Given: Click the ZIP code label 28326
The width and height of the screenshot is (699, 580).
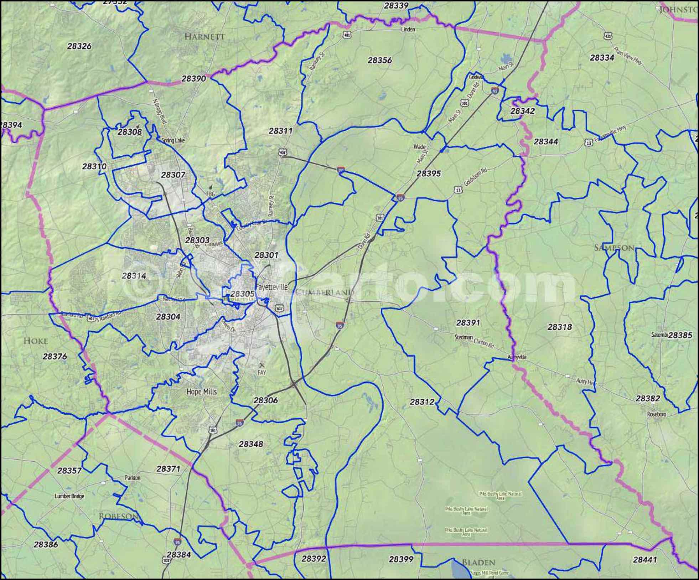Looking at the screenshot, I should coord(79,46).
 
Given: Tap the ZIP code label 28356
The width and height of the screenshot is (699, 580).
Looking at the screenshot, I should coord(380,60).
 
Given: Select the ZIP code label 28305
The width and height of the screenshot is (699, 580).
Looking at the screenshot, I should coord(242,294).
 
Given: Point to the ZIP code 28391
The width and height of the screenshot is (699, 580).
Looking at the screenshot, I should coord(468,322).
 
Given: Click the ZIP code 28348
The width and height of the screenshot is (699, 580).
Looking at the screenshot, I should coord(251,444).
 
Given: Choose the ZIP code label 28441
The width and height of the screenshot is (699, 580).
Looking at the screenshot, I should coord(645,560).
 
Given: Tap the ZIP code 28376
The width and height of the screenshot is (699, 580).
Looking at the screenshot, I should coord(55,356).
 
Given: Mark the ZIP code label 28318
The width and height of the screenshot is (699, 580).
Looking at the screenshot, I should coord(560,327).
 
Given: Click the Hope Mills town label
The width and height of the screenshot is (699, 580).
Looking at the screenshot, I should coord(202,392).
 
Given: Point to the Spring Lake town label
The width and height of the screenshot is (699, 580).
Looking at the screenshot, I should coord(173,140).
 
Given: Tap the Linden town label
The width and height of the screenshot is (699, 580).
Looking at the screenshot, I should coord(408,29).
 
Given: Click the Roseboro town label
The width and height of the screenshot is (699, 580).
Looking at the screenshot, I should coord(657,414).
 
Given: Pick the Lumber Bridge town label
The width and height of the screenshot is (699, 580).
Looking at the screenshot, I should coord(69,496).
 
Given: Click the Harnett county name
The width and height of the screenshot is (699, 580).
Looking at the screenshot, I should coord(205,36).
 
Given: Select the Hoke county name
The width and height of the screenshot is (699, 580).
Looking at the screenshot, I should coord(36,341).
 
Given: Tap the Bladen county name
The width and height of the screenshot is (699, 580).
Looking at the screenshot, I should coord(478,563).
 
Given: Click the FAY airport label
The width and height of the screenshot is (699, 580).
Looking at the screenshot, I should coord(262,373).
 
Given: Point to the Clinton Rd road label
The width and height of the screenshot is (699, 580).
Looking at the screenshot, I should coord(484,343).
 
